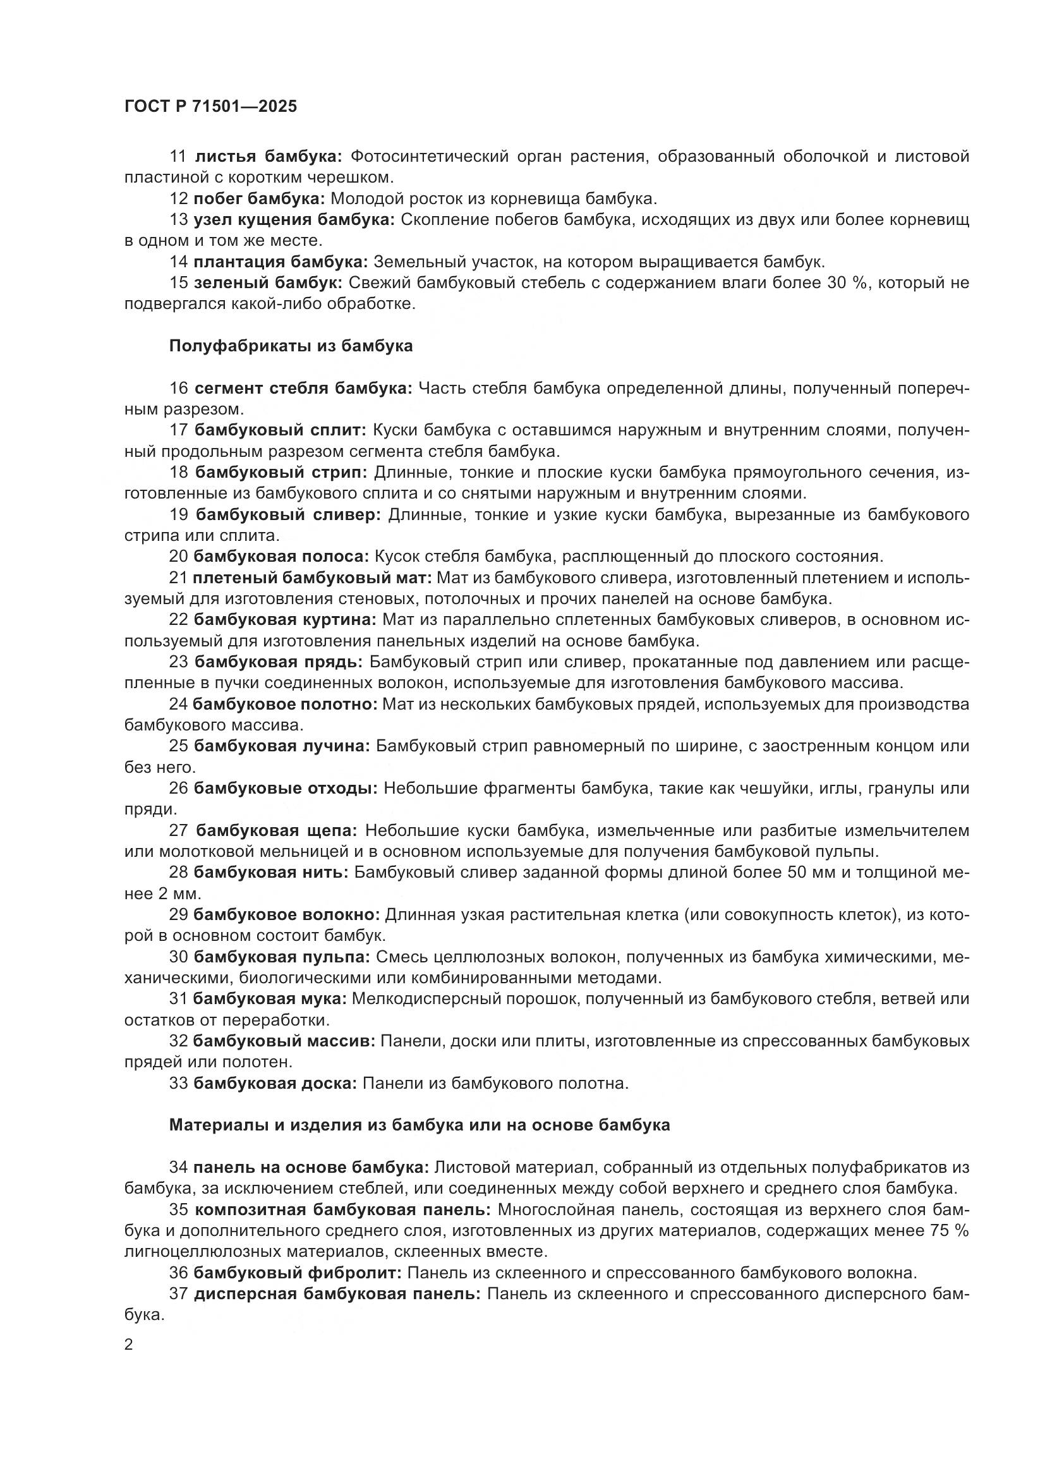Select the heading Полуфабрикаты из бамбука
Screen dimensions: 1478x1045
291,346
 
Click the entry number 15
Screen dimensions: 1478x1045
178,282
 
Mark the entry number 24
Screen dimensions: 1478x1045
178,704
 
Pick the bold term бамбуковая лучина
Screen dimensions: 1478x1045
282,746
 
